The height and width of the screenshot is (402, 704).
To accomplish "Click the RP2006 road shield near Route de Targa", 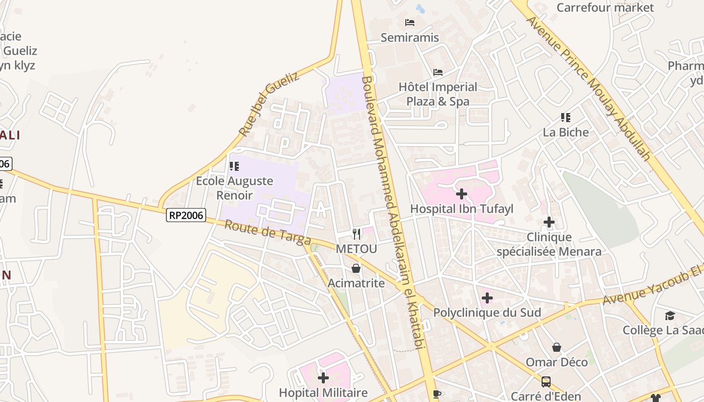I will tap(186, 216).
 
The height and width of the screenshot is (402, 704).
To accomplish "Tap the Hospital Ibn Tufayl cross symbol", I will tap(462, 193).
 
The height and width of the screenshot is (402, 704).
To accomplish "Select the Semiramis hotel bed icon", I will tap(410, 23).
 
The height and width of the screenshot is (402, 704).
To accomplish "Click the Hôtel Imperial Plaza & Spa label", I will tap(437, 94).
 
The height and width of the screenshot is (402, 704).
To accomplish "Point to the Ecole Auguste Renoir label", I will tap(234, 187).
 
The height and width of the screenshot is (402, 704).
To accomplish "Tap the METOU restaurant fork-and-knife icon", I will tap(357, 234).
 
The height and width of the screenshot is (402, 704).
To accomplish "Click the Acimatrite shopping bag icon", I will tap(356, 268).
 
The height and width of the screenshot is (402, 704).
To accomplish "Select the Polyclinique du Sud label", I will tap(487, 313).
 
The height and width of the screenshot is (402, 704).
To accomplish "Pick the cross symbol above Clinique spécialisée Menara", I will tap(549, 222).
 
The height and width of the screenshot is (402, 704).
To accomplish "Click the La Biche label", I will tap(565, 132).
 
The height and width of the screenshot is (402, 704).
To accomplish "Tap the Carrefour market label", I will tap(605, 8).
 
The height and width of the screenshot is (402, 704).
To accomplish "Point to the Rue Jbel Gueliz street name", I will tap(269, 104).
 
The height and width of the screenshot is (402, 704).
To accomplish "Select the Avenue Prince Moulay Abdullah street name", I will tap(588, 88).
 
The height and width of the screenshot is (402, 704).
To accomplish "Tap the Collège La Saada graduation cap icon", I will tap(670, 316).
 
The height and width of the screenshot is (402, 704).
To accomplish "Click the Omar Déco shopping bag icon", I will tap(557, 347).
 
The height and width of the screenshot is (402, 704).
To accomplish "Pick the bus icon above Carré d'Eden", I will tap(546, 382).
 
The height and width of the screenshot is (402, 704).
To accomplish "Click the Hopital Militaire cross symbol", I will tap(323, 377).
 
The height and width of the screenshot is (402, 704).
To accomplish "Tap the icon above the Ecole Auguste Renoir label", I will tap(234, 166).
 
